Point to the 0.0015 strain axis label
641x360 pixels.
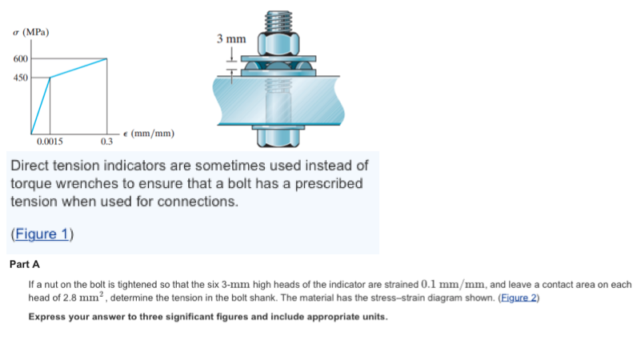point(49,141)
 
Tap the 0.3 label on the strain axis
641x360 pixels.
point(106,142)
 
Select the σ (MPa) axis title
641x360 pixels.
point(31,33)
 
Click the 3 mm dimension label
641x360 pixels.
point(231,38)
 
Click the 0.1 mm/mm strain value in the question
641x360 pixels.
point(457,284)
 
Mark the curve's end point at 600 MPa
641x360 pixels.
point(106,59)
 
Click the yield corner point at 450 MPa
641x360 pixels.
point(50,78)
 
